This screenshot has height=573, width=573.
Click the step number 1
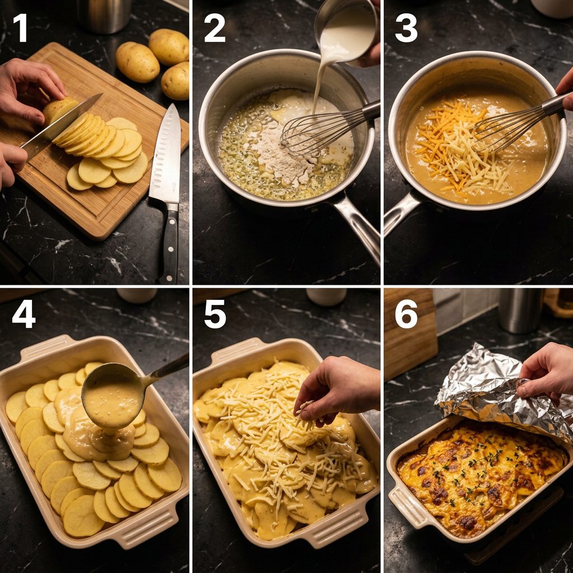point(20,28)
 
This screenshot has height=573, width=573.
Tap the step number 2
point(214,28)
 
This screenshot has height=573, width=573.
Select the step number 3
point(406,28)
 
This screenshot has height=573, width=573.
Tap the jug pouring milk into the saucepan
point(347,31)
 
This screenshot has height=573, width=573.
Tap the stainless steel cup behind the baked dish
point(521,310)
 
